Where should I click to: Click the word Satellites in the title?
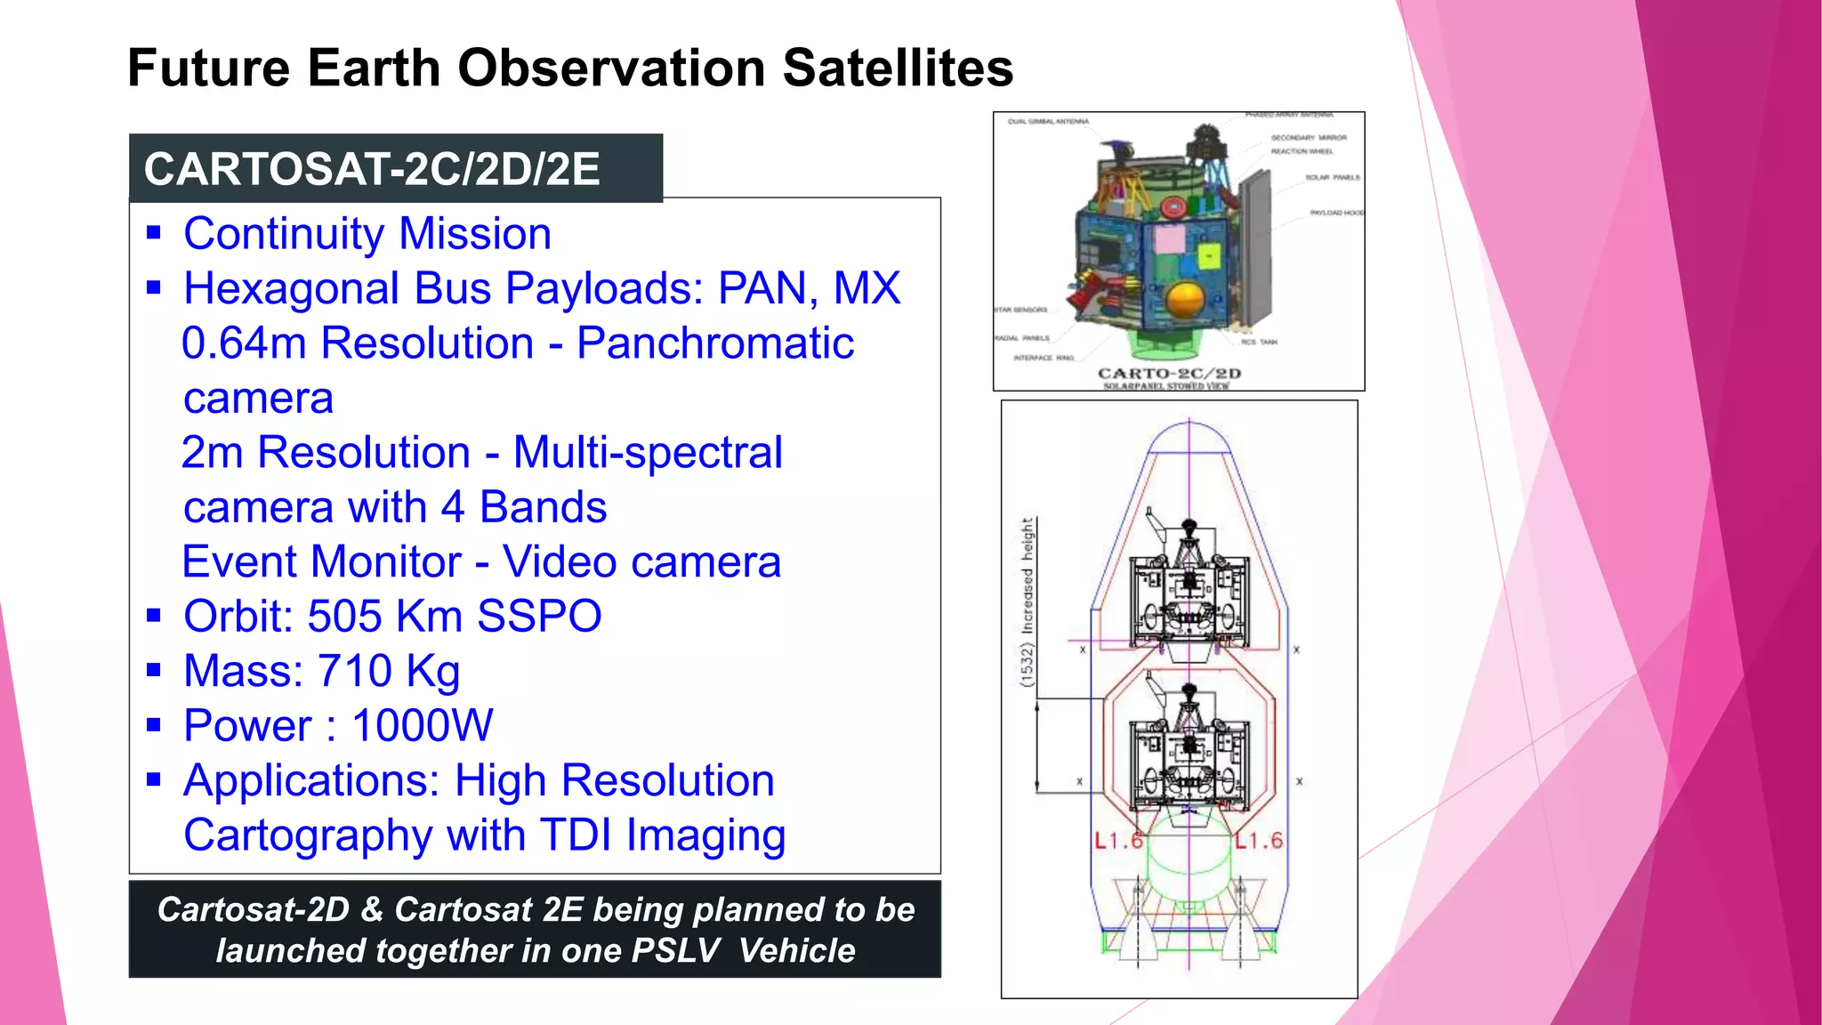(x=897, y=69)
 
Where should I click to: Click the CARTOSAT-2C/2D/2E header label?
(x=372, y=169)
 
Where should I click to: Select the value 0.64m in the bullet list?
(x=244, y=343)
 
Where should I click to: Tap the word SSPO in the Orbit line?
(x=539, y=617)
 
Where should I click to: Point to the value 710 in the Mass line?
(x=354, y=671)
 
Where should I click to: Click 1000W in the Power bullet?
(x=422, y=726)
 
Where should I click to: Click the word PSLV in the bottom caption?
(x=675, y=951)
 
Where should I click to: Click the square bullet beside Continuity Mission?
(x=154, y=234)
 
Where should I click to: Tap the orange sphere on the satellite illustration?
(x=1185, y=300)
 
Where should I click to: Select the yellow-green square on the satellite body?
(x=1208, y=257)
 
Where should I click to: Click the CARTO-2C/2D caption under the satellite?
(x=1169, y=374)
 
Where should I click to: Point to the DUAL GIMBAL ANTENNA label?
(x=1047, y=122)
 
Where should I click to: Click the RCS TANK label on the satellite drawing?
(x=1259, y=343)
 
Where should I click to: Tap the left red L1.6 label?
(x=1118, y=841)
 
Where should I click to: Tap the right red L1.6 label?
(x=1259, y=841)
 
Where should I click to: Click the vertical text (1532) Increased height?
(x=1028, y=602)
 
